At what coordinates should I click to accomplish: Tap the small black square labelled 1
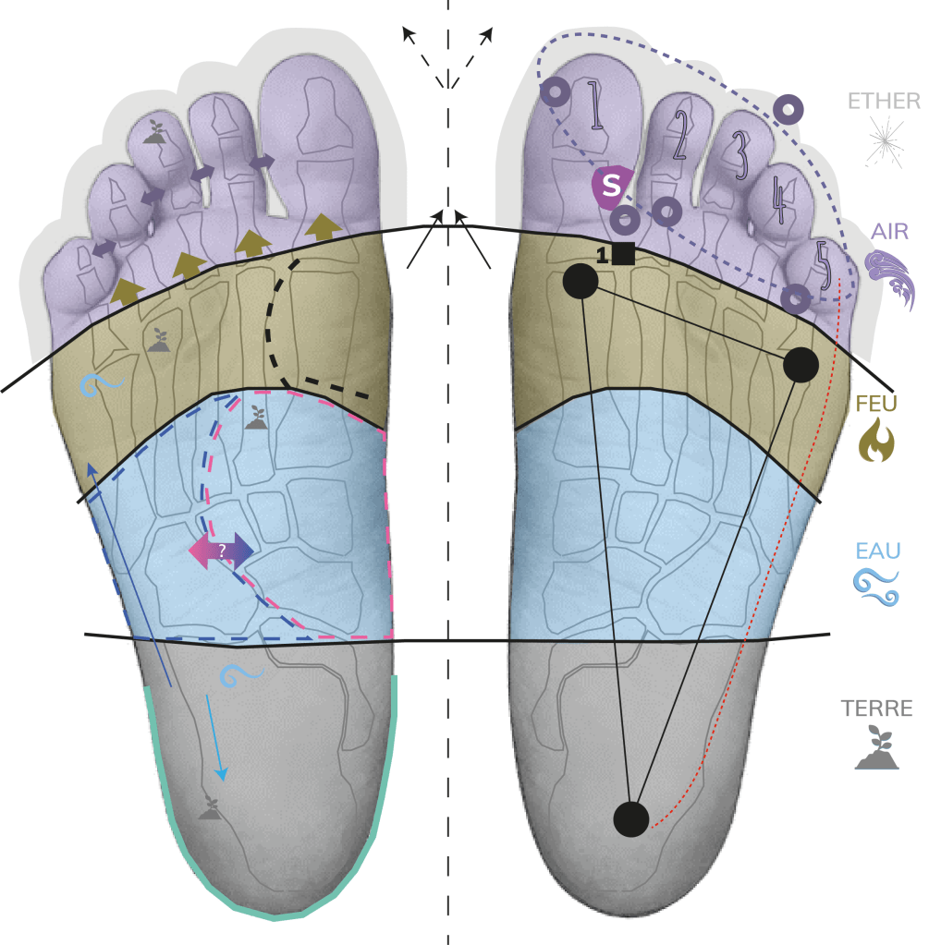click(623, 253)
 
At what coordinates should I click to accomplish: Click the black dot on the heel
click(631, 818)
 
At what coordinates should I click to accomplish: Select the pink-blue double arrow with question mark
click(221, 550)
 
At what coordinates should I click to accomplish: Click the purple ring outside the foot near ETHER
click(788, 109)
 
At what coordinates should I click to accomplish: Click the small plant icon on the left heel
click(211, 808)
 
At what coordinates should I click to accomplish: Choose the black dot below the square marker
click(580, 282)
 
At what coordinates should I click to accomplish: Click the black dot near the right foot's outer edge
click(801, 366)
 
